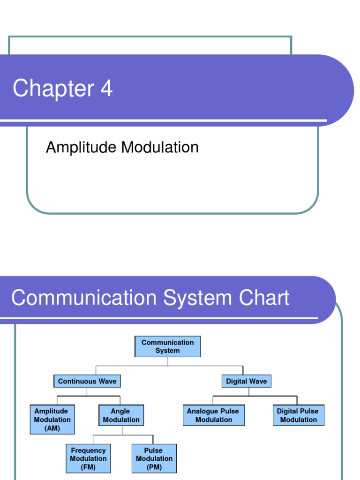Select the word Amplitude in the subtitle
[x=81, y=148]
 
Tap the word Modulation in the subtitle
[x=160, y=148]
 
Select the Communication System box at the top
[x=167, y=347]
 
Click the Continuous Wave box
[x=87, y=381]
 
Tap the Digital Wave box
[x=246, y=381]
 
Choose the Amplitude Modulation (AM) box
[x=52, y=420]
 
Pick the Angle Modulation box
[x=121, y=415]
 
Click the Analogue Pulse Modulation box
[x=213, y=415]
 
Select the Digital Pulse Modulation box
[x=298, y=415]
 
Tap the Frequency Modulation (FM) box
[x=88, y=458]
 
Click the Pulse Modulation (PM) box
[x=154, y=458]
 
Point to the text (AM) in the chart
[x=52, y=428]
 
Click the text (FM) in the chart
[x=88, y=467]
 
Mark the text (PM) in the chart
[x=154, y=467]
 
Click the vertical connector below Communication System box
[x=168, y=362]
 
